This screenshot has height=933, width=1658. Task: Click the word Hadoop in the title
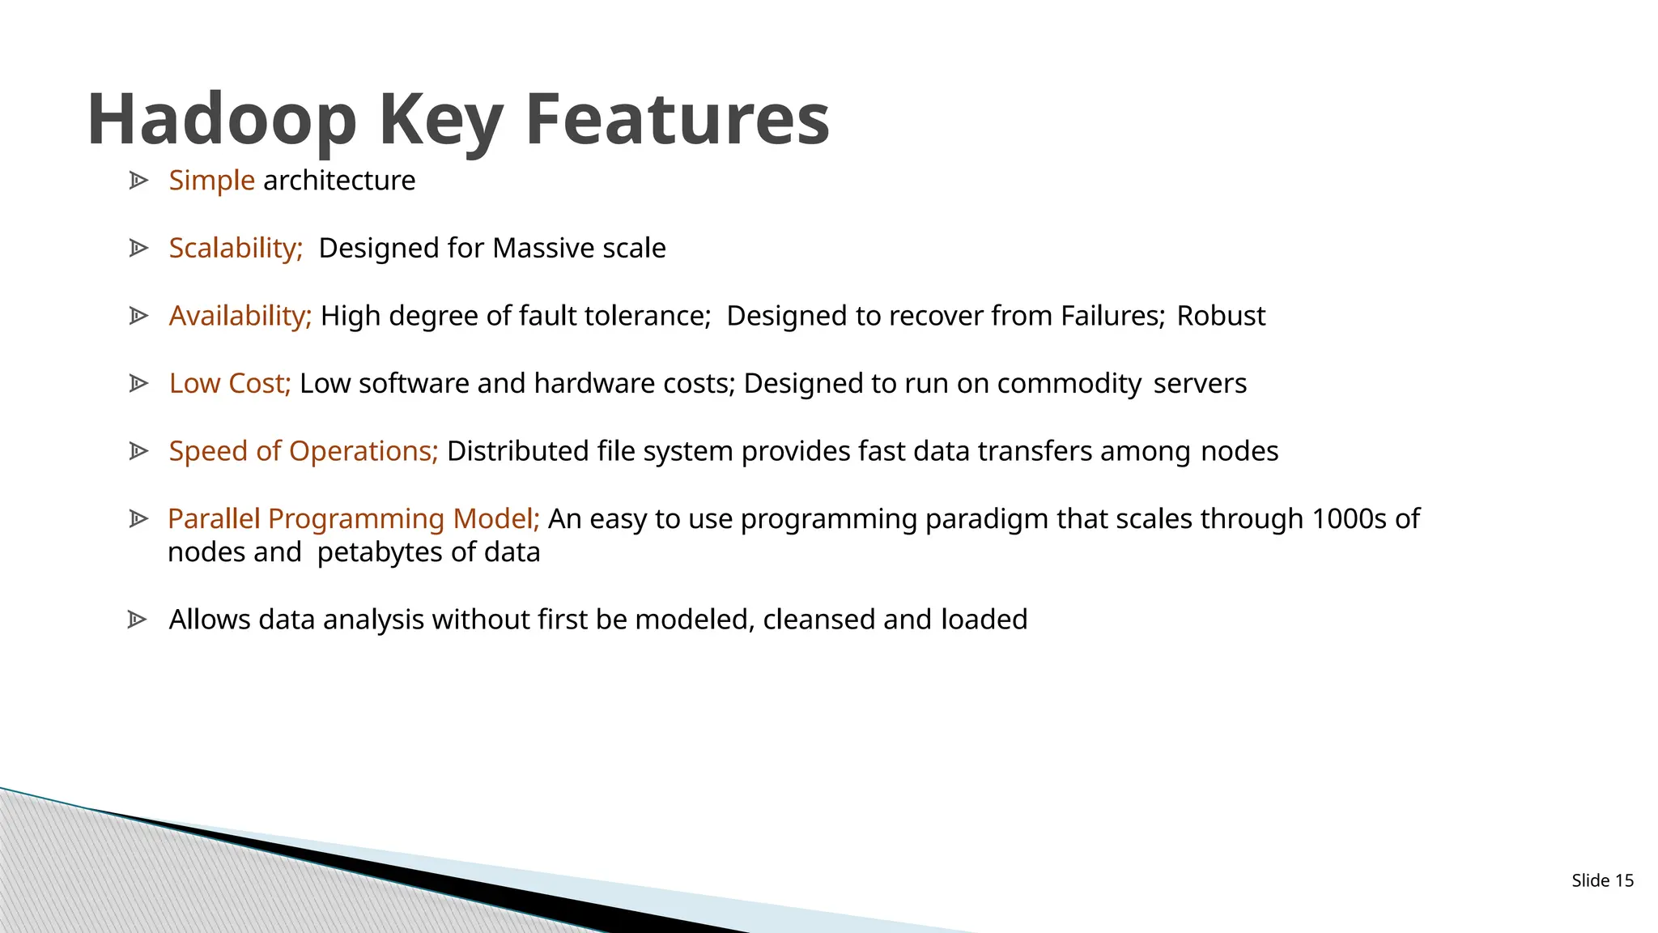[x=222, y=120]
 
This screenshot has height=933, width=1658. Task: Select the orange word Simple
[x=211, y=181]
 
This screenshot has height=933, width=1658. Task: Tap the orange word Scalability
[x=235, y=248]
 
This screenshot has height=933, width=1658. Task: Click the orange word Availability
[x=240, y=316]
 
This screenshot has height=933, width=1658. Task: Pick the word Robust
[x=1220, y=316]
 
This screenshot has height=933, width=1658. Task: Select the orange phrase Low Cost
[x=229, y=383]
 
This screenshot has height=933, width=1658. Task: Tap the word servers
[x=1200, y=383]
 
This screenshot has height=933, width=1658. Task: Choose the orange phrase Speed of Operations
[x=303, y=451]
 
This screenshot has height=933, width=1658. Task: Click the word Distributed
[x=517, y=451]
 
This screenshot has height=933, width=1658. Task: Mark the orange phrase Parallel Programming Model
[x=353, y=518]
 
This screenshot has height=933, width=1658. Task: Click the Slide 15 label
[x=1602, y=880]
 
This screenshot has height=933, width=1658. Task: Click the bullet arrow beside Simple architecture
[x=138, y=181]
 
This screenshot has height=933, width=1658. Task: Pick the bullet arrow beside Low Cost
[x=138, y=383]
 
